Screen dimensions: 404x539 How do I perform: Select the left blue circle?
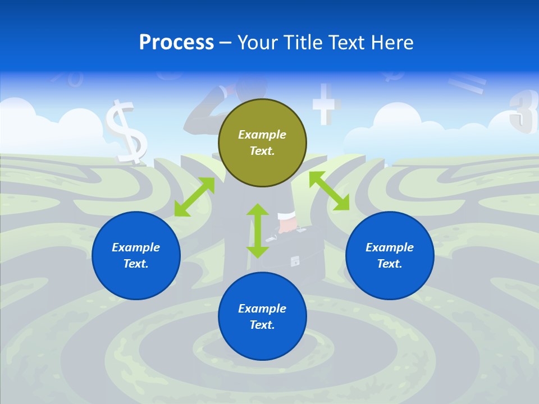click(x=136, y=255)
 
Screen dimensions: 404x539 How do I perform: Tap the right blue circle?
click(x=390, y=255)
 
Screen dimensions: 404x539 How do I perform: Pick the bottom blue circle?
click(x=262, y=316)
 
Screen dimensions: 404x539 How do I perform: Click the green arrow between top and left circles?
click(x=194, y=196)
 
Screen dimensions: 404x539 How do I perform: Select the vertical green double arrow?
click(x=258, y=231)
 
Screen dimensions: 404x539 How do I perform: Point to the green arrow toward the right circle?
click(x=329, y=191)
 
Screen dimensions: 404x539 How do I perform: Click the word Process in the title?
click(x=176, y=42)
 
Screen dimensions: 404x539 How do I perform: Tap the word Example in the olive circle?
click(x=262, y=135)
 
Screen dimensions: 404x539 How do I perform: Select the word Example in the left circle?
click(x=136, y=247)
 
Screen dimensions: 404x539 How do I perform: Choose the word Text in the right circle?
click(x=389, y=264)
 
